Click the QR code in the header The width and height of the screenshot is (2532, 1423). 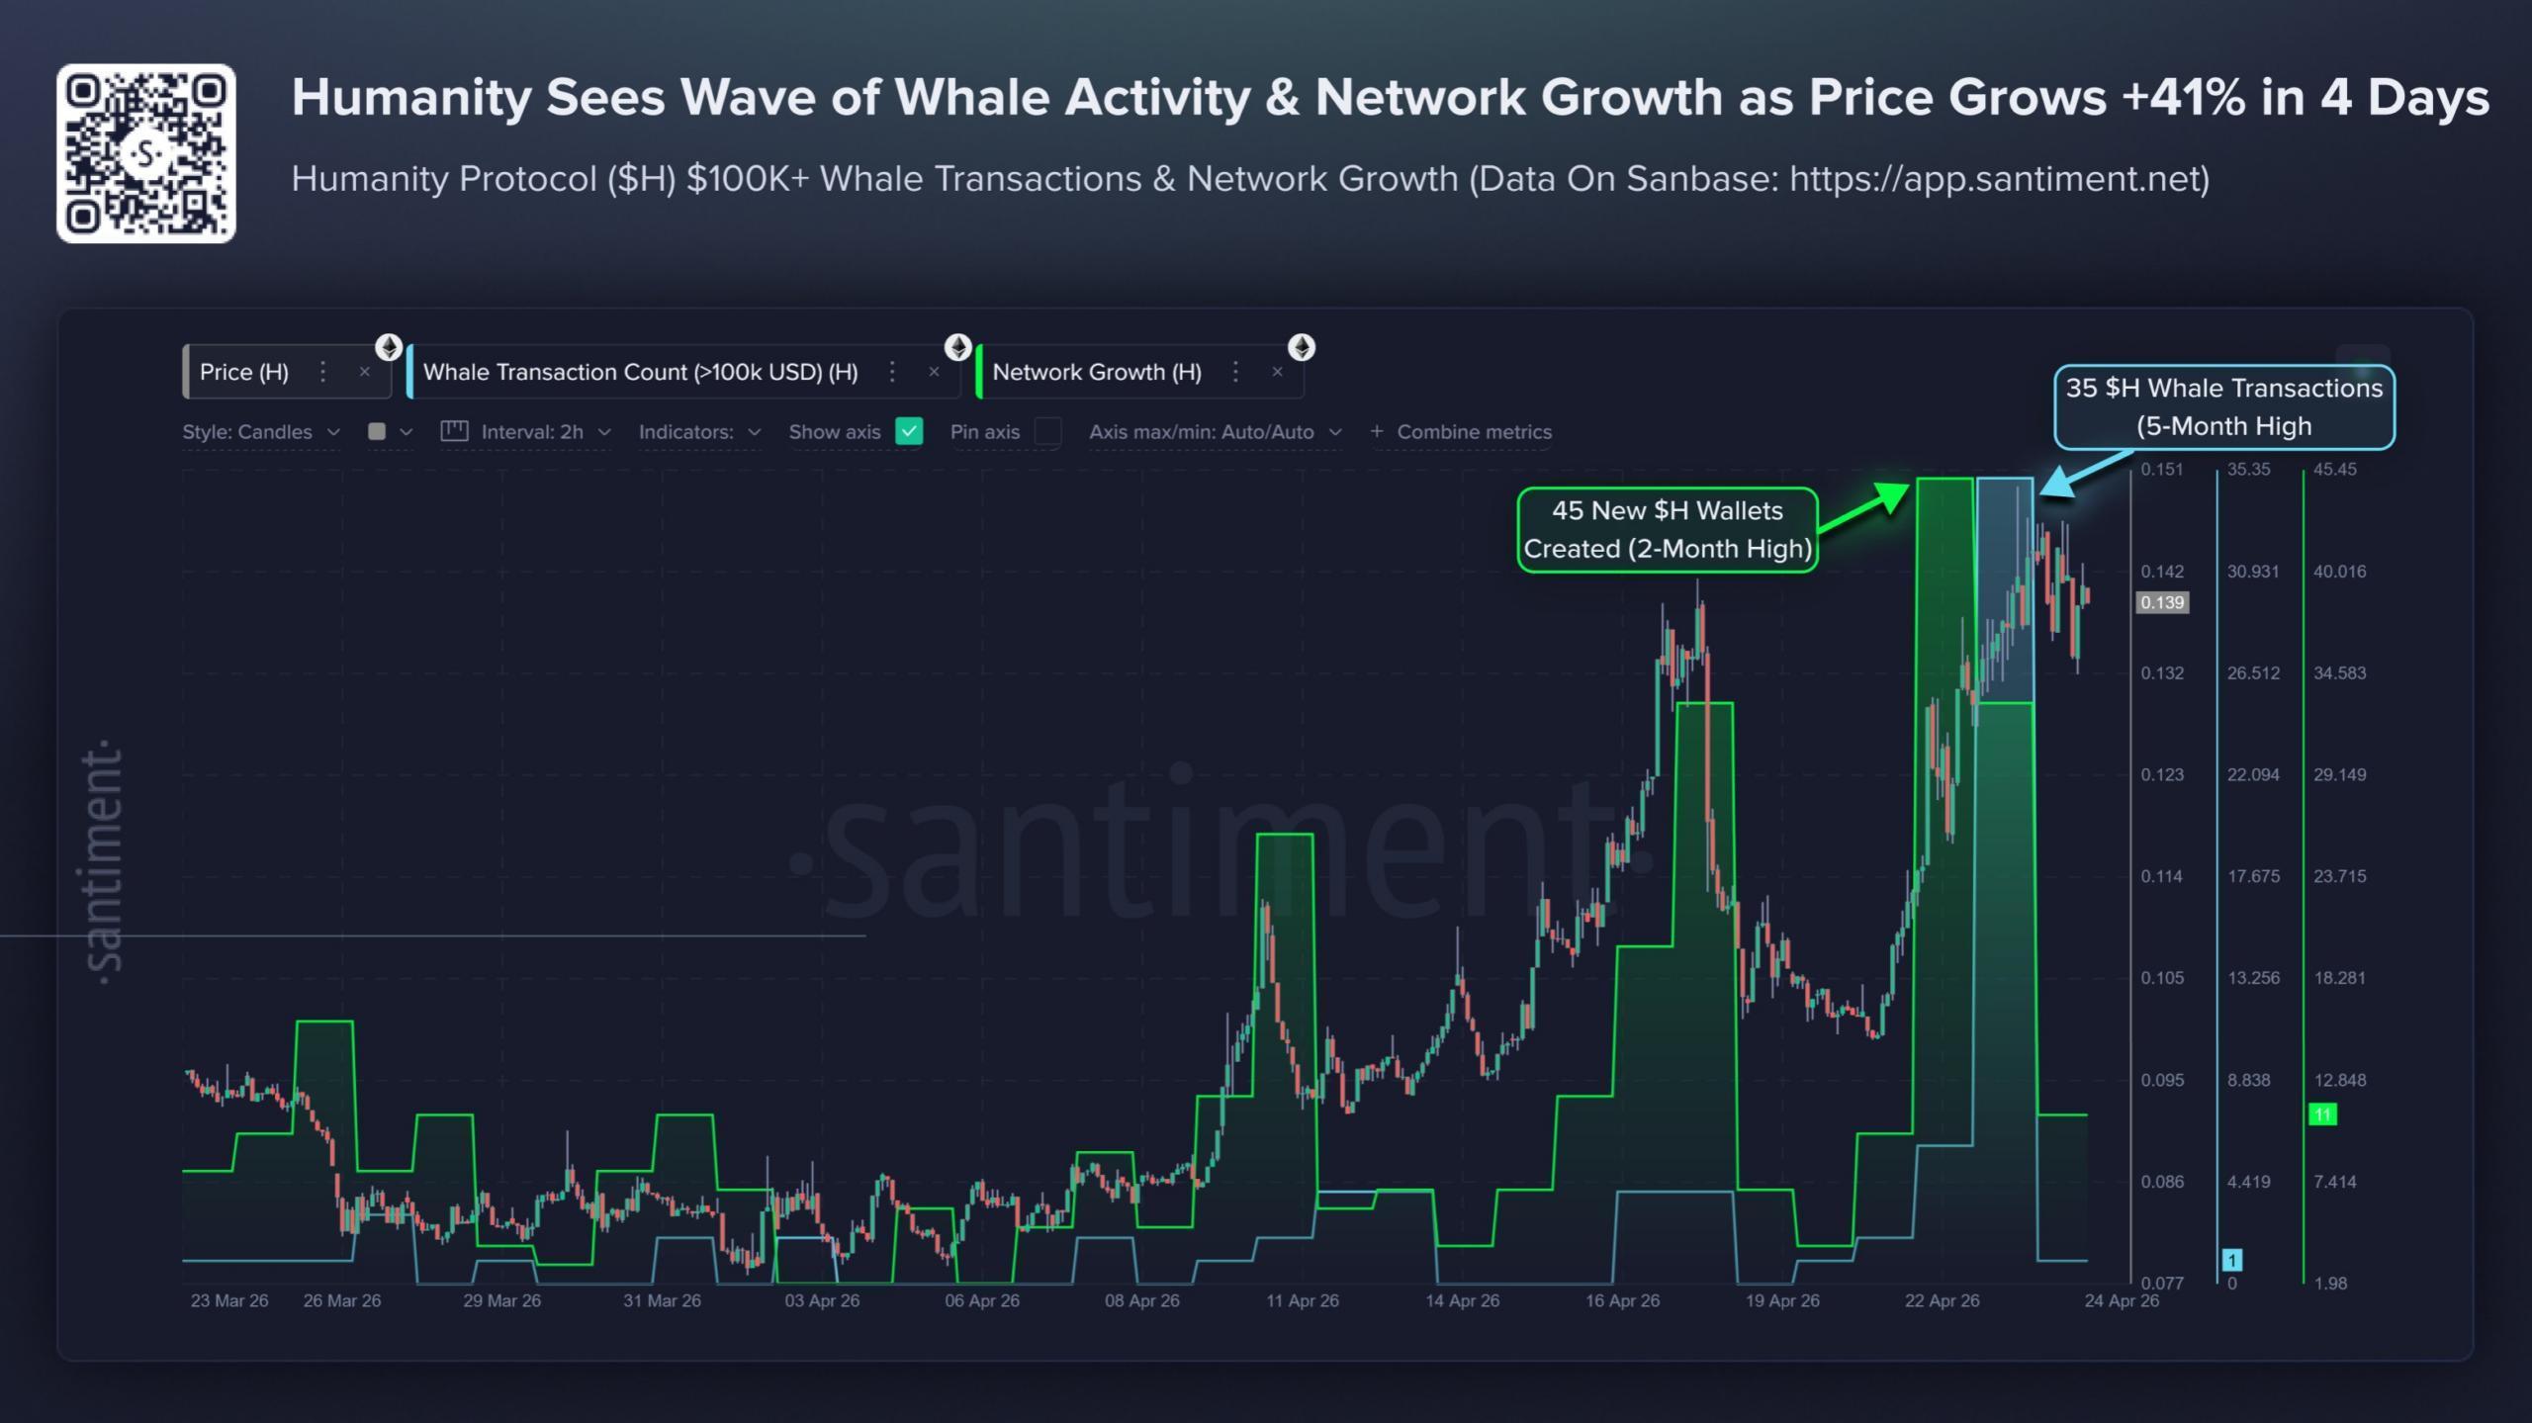tap(146, 153)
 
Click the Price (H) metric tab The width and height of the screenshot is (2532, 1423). tap(244, 372)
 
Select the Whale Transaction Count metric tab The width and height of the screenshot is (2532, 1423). tap(640, 372)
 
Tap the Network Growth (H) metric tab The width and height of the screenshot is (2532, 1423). tap(1096, 372)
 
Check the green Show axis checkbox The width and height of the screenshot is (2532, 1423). tap(908, 431)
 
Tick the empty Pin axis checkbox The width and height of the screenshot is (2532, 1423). tap(1047, 431)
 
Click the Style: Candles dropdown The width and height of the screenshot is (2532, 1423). tap(260, 432)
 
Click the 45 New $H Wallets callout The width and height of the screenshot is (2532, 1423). tap(1668, 529)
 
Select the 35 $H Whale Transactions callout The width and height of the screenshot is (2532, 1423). tap(2223, 406)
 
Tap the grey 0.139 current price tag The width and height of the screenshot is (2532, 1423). tap(2161, 602)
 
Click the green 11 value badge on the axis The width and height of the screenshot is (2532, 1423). tap(2321, 1114)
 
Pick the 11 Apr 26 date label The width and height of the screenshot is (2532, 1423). tap(1302, 1300)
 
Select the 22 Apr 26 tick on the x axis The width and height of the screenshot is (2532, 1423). tap(1942, 1300)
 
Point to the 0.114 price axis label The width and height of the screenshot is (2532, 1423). tap(2161, 876)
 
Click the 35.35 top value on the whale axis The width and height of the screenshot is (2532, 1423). tap(2248, 469)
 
